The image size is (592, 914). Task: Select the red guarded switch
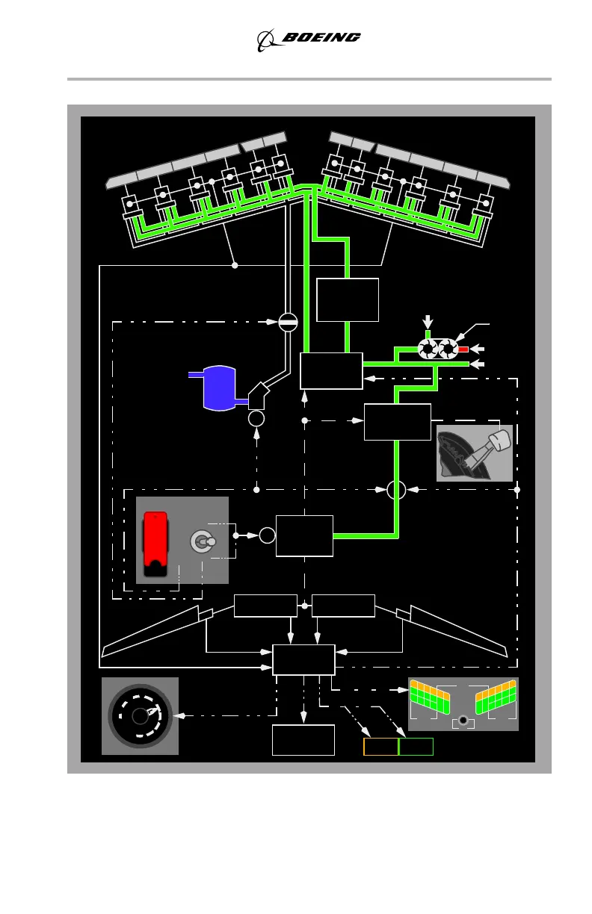[156, 545]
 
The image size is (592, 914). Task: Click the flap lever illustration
[475, 453]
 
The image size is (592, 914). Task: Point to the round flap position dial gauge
[140, 716]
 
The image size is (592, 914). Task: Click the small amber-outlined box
[380, 747]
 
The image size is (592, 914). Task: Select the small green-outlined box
[416, 747]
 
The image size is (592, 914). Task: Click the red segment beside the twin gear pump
[463, 349]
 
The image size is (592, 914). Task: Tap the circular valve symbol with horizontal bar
[289, 322]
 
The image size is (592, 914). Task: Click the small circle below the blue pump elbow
[256, 418]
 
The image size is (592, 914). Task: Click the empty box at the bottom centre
[303, 739]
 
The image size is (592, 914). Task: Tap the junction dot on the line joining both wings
[235, 265]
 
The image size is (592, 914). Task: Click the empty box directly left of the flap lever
[397, 422]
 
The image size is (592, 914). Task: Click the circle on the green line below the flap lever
[397, 491]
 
